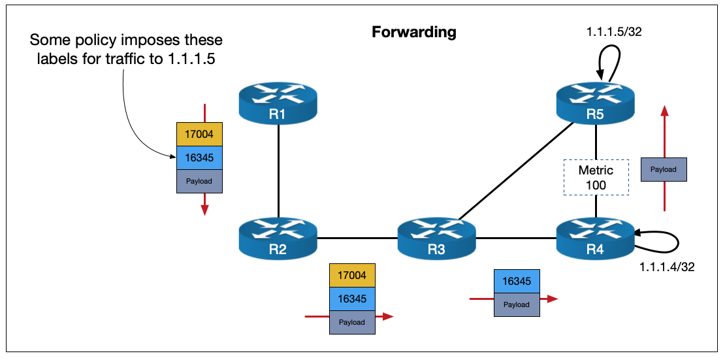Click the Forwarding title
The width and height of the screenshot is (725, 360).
click(x=413, y=32)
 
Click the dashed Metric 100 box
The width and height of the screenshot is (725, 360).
click(x=596, y=177)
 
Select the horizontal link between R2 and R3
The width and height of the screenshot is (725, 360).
click(x=357, y=238)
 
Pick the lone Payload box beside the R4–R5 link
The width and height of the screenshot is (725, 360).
click(x=664, y=169)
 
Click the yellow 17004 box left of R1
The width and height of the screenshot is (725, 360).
click(x=199, y=135)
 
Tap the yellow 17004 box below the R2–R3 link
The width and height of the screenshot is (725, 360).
click(x=353, y=275)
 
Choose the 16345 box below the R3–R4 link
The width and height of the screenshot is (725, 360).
click(x=517, y=280)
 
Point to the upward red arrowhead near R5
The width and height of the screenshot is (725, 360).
click(x=664, y=111)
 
